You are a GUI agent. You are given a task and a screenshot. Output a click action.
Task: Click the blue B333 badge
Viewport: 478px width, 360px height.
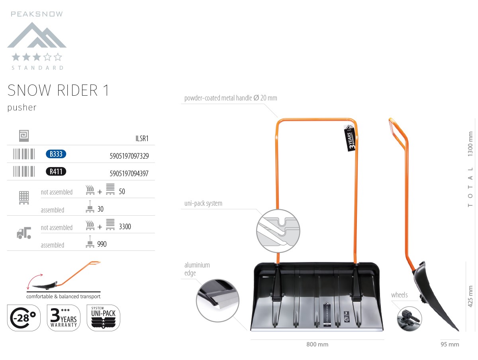point(56,154)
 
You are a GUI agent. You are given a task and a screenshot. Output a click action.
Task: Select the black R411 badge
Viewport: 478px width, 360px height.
point(56,171)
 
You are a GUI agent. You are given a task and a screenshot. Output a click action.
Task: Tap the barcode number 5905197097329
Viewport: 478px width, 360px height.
point(129,156)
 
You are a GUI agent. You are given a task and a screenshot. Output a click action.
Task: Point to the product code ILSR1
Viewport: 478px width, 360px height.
point(142,138)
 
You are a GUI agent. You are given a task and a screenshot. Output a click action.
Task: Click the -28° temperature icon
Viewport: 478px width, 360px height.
point(24,318)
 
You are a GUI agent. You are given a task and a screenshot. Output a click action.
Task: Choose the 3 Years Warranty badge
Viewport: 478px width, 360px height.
point(64,318)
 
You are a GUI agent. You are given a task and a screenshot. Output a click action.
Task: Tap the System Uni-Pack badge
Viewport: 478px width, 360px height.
point(104,318)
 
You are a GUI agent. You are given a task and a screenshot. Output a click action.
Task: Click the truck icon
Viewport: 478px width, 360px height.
point(24,233)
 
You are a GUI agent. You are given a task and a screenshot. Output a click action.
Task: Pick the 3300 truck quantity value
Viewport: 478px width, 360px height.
point(125,226)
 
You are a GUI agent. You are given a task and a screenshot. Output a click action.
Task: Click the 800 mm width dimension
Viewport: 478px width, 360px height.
point(317,344)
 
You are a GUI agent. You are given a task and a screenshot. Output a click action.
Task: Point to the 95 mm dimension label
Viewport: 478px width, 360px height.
point(450,344)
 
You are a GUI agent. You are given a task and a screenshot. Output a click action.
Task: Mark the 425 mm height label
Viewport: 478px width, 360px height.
point(470,296)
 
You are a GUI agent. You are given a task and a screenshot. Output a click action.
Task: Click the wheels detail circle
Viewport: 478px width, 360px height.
point(409,319)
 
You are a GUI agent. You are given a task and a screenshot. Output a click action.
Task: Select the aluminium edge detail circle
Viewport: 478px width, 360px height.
point(217,301)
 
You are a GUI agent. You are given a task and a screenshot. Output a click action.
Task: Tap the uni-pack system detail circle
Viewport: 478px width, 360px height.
point(278,231)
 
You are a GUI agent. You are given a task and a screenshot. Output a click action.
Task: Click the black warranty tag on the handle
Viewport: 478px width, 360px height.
point(350,138)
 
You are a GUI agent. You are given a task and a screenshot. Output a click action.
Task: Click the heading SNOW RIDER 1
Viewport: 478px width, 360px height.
point(58,90)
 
